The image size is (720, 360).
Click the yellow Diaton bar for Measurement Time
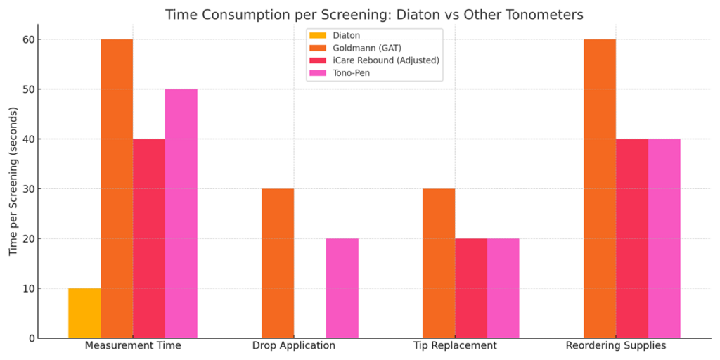[84, 313]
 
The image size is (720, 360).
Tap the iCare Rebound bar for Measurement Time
[149, 238]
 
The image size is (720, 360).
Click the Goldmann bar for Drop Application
[278, 263]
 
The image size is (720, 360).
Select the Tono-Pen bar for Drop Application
[342, 288]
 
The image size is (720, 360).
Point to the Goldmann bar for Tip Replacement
[439, 263]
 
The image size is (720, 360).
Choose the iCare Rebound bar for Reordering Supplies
[632, 238]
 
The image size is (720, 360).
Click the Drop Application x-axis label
[294, 346]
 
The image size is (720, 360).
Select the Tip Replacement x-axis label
[455, 346]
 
